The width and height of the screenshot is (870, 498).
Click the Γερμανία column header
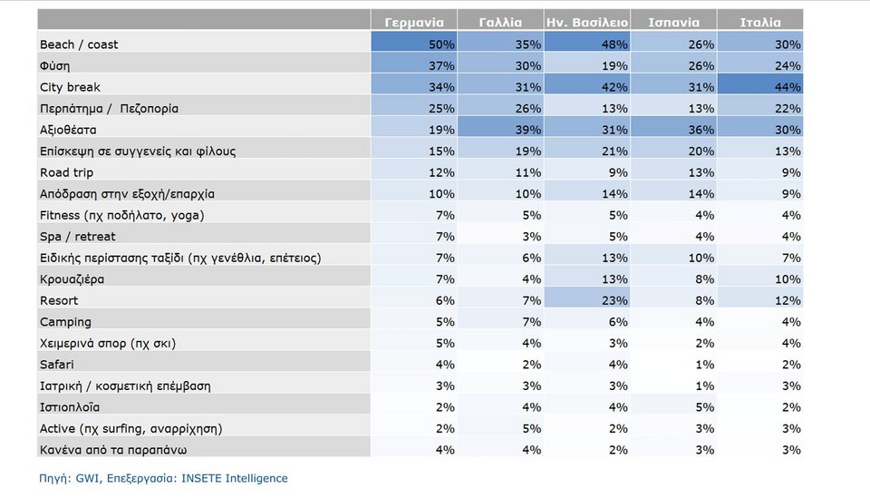tap(414, 23)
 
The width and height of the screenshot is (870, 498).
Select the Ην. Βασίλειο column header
tap(587, 23)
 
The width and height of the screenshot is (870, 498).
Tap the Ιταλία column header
tap(760, 23)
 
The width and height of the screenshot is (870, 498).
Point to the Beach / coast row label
tap(79, 44)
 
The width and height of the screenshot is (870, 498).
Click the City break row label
tap(70, 87)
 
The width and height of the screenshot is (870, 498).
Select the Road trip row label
tap(66, 172)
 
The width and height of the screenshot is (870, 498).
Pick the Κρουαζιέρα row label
tap(72, 279)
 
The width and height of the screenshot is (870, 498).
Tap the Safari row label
tap(56, 365)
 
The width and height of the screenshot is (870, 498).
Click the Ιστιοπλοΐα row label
tap(70, 407)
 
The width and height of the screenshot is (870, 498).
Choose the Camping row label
tap(65, 322)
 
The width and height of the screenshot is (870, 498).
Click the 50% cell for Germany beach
tap(441, 44)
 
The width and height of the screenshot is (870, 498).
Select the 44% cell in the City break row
tap(788, 87)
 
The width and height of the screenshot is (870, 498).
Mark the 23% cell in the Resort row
tap(614, 300)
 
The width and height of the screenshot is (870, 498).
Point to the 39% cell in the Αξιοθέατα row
tap(528, 130)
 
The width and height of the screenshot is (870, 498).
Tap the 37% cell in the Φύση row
tap(441, 66)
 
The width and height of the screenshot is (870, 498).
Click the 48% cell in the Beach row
tap(614, 44)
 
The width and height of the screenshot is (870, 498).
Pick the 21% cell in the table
tap(614, 151)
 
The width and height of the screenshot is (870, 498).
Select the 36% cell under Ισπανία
tap(701, 130)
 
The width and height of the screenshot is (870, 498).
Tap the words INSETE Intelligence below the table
tap(235, 479)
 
